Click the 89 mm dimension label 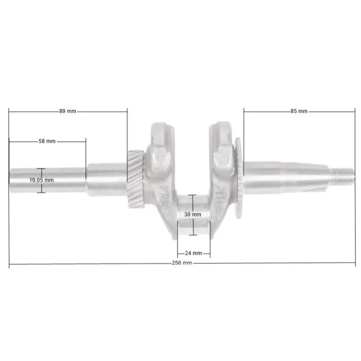(67, 111)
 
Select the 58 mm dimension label (47, 141)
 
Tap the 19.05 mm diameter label (41, 180)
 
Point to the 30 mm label (192, 214)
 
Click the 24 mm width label (193, 253)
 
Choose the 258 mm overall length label (182, 263)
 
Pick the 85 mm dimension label (299, 111)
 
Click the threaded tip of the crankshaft (342, 177)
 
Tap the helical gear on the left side (136, 179)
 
